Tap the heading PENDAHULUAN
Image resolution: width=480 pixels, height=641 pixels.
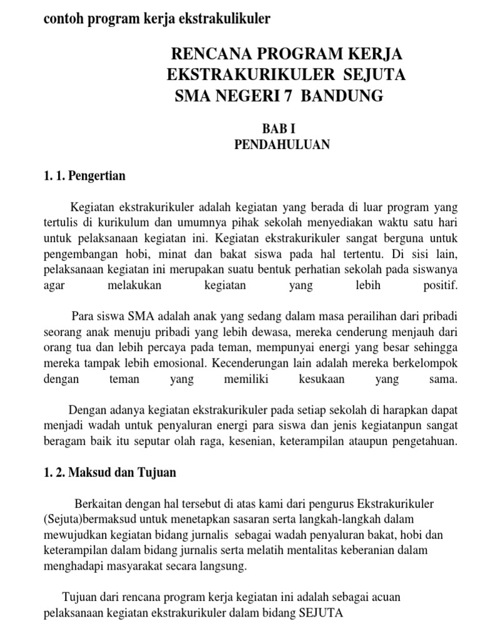click(x=281, y=145)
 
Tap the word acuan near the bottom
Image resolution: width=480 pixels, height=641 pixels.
click(x=384, y=597)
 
